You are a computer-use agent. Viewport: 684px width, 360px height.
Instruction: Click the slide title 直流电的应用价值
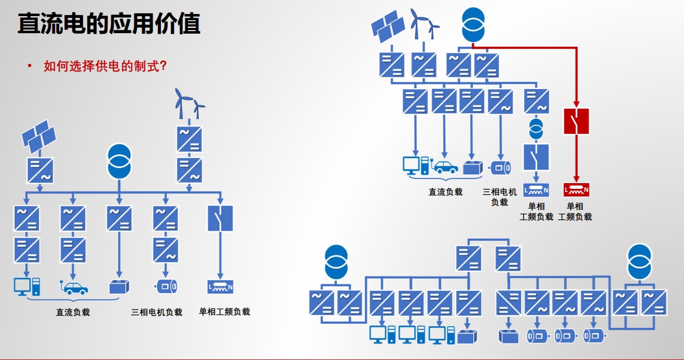[x=109, y=24]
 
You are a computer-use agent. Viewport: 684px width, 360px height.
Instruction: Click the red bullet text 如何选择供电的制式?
[x=105, y=66]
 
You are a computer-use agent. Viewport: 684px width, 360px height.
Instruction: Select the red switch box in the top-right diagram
[x=577, y=121]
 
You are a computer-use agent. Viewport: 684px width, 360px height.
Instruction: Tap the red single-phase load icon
[x=577, y=190]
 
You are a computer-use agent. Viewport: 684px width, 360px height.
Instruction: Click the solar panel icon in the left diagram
[x=38, y=136]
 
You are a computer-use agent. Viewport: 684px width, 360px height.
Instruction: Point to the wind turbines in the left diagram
[x=188, y=104]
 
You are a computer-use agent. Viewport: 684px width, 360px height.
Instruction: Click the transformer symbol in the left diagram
[x=119, y=161]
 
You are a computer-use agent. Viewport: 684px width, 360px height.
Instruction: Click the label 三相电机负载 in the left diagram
[x=157, y=312]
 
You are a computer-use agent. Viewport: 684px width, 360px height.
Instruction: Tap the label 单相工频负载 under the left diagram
[x=225, y=312]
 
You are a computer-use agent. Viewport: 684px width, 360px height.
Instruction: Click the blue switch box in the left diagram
[x=220, y=218]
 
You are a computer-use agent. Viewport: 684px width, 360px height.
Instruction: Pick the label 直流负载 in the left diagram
[x=73, y=312]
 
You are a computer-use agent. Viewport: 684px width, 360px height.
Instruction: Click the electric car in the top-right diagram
[x=445, y=167]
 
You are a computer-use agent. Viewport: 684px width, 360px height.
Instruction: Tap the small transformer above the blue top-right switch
[x=536, y=129]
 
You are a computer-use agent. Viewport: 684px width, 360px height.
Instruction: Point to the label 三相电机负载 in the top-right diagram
[x=499, y=197]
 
